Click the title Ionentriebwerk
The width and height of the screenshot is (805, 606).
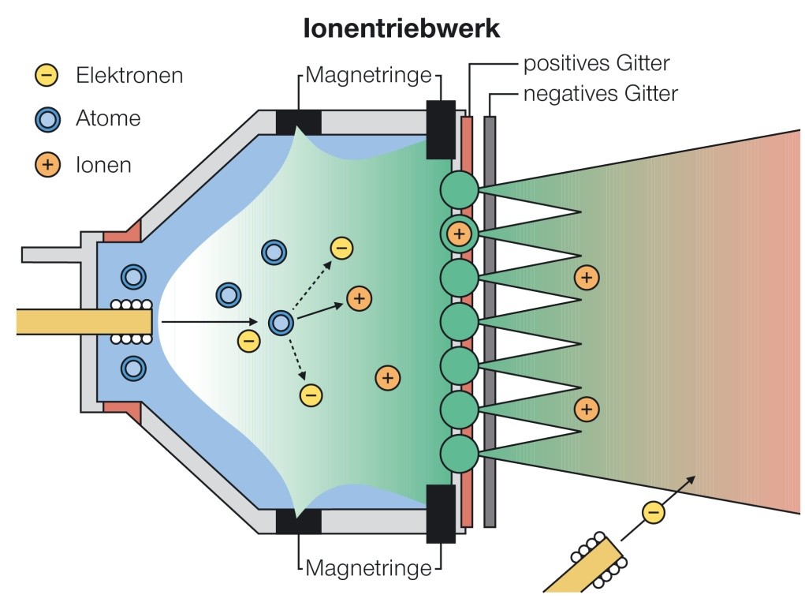pos(401,29)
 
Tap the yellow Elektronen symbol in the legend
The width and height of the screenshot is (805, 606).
pos(47,76)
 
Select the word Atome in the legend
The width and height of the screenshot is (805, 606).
pos(108,119)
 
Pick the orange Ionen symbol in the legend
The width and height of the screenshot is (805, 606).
pos(47,165)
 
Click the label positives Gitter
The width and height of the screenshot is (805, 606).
pos(597,63)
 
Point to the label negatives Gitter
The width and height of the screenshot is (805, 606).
pos(600,94)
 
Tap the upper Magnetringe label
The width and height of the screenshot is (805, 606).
pos(369,76)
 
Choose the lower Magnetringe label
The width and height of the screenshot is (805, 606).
pos(369,567)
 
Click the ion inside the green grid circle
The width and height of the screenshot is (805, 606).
pos(458,234)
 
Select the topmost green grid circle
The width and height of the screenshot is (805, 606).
pos(458,189)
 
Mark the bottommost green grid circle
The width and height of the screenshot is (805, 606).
pos(458,454)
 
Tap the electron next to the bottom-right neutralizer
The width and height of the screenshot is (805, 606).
pos(653,512)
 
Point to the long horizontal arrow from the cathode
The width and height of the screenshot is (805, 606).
pos(209,322)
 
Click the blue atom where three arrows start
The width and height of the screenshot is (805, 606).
pos(281,322)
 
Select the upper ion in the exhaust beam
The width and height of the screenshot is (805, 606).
pos(586,278)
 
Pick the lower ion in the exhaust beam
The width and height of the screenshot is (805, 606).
pos(586,409)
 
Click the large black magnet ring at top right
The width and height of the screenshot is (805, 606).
pos(441,129)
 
